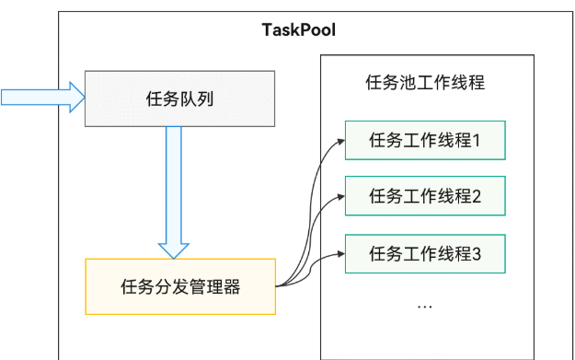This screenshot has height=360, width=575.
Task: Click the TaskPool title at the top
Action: (x=298, y=29)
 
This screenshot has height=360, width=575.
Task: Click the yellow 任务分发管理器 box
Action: (x=180, y=286)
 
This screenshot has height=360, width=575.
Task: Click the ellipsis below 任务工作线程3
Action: (x=424, y=304)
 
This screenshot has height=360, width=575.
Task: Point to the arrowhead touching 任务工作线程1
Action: (x=340, y=141)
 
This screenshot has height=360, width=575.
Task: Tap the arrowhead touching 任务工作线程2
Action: (x=340, y=195)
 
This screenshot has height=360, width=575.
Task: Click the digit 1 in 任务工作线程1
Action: (x=476, y=141)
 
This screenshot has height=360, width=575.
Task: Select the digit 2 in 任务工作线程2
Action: (x=476, y=195)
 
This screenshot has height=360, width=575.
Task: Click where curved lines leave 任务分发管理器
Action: (x=279, y=285)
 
